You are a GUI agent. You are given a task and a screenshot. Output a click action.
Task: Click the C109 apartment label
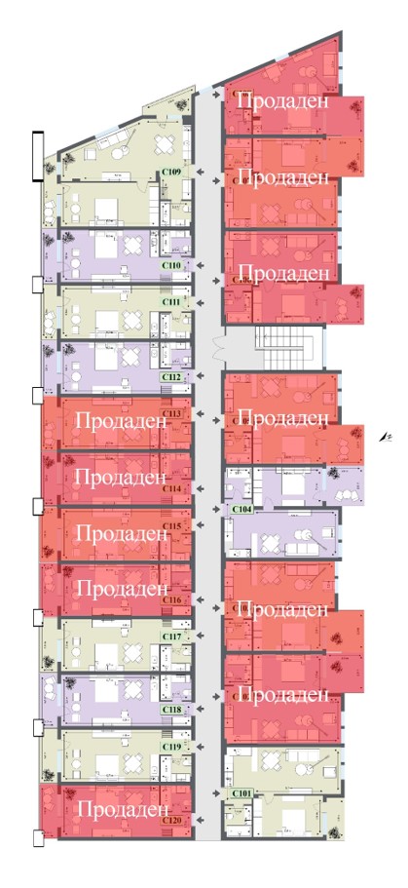point(171,173)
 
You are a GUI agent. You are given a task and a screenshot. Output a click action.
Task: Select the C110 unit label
point(171,265)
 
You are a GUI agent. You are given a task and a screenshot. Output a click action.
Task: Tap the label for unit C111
point(171,302)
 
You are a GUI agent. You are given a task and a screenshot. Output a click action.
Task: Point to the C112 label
point(171,376)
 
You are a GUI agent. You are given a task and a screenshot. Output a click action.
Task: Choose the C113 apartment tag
point(172,413)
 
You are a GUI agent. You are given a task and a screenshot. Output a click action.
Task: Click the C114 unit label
point(172,487)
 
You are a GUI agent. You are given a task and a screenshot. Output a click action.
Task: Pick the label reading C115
point(172,526)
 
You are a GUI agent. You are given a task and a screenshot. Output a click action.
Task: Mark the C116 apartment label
point(172,599)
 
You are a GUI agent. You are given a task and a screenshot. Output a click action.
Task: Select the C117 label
point(172,637)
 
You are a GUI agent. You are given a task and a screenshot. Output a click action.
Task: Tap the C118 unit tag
point(172,711)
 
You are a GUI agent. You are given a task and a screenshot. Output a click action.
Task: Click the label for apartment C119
point(172,748)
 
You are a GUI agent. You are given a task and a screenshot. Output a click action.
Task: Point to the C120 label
point(172,822)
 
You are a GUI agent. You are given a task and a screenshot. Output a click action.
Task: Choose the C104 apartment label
point(241,509)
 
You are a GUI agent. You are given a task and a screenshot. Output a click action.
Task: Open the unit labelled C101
point(241,793)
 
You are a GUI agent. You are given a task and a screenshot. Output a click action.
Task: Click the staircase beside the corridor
point(281,346)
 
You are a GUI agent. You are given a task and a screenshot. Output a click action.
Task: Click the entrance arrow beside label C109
point(201,173)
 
